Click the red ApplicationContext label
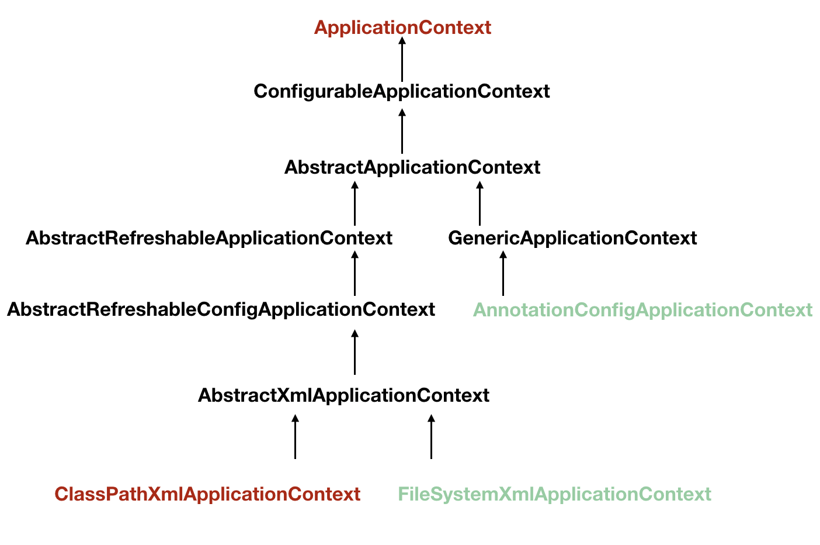click(402, 27)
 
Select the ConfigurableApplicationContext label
click(402, 91)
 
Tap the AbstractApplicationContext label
click(412, 167)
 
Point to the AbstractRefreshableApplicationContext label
click(209, 238)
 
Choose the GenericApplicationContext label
click(572, 238)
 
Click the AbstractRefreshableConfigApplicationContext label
click(221, 309)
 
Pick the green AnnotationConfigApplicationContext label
click(642, 309)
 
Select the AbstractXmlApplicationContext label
click(343, 395)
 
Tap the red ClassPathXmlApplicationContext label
click(207, 494)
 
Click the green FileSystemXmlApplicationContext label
click(554, 494)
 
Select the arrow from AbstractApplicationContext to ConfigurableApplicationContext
click(402, 132)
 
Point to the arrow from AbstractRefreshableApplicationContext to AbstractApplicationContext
click(355, 204)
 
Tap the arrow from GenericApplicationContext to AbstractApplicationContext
click(480, 204)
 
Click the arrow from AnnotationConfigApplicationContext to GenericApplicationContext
click(503, 274)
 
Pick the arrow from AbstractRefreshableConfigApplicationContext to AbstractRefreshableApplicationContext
click(355, 274)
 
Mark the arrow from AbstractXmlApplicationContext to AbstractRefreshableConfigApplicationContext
click(355, 353)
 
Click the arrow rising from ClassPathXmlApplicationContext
click(295, 437)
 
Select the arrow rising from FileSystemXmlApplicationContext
click(431, 437)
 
